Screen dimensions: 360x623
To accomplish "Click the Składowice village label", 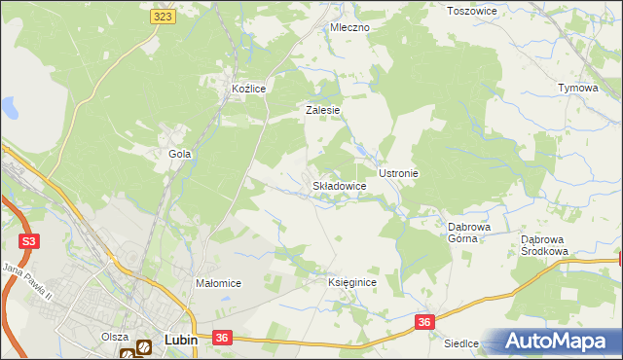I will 339,185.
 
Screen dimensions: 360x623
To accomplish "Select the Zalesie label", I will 322,110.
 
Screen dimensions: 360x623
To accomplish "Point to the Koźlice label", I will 248,89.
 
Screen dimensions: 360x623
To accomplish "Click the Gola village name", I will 179,154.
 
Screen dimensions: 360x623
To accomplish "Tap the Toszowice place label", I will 471,11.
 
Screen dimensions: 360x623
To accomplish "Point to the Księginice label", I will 351,281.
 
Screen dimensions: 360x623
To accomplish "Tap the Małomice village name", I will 218,283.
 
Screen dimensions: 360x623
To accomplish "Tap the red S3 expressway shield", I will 29,240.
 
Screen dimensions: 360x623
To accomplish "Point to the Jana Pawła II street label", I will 27,281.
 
